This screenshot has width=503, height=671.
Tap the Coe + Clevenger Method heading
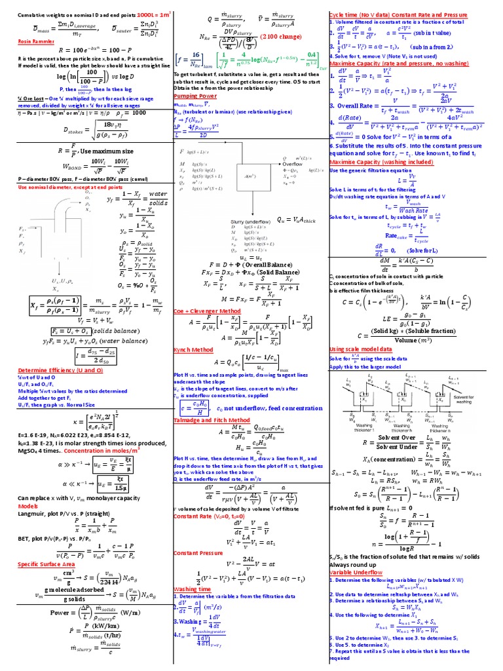pos(203,310)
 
